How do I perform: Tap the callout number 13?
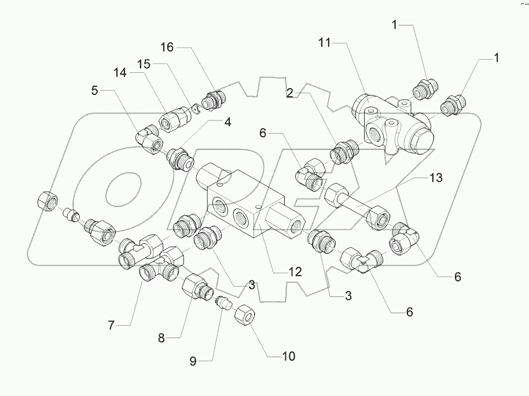[435, 178]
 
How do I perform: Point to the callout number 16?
[167, 48]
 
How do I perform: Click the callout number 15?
[144, 63]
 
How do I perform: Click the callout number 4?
[228, 122]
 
